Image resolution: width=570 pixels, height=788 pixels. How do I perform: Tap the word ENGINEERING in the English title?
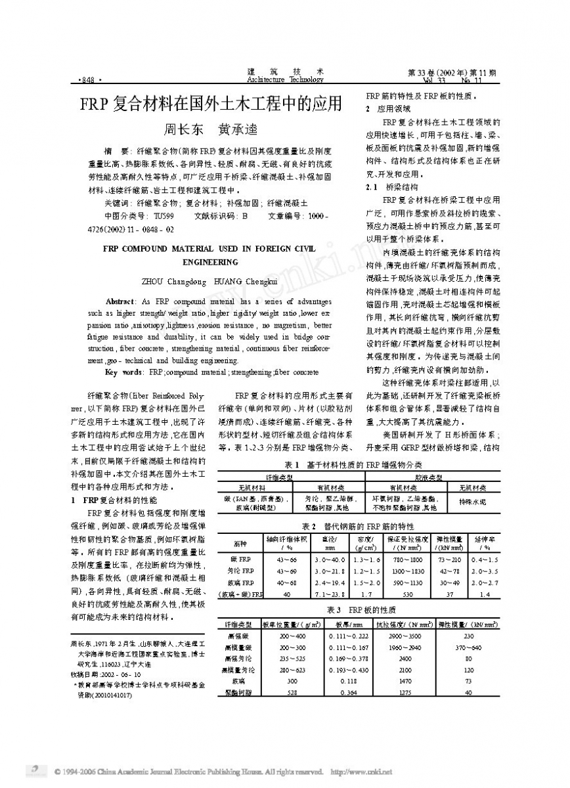[x=210, y=261]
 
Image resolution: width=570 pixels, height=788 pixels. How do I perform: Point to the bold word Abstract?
[x=120, y=299]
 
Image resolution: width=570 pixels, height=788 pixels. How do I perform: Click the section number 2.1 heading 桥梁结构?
[x=391, y=187]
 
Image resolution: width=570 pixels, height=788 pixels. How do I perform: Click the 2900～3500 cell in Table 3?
[x=405, y=636]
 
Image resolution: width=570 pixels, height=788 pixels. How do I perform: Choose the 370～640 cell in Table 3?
[x=468, y=647]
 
